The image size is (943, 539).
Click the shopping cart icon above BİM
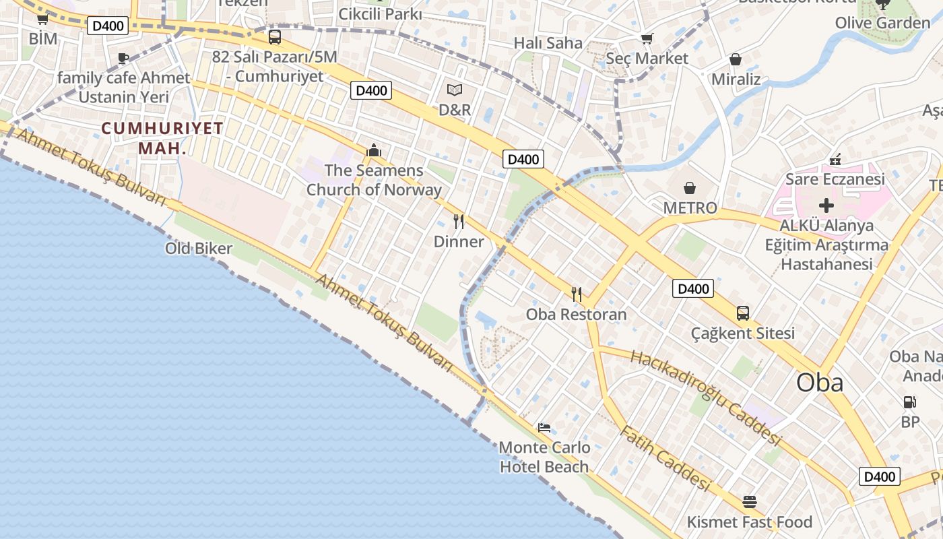click(42, 19)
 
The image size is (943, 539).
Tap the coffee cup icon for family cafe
click(123, 59)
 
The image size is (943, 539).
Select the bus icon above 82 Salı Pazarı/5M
click(274, 37)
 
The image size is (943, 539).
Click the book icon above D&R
click(455, 90)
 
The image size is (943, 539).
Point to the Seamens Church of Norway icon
click(374, 150)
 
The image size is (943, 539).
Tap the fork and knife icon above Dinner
click(459, 222)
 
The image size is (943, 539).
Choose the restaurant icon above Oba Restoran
click(576, 294)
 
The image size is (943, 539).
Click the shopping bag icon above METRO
click(690, 188)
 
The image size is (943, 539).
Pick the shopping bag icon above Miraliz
click(736, 60)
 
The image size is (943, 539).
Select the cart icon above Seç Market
click(647, 39)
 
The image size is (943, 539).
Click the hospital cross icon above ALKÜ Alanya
click(826, 205)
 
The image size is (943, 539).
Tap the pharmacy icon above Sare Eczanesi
click(835, 160)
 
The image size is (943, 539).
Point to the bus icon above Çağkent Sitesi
click(743, 313)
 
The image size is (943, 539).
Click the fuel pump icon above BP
click(909, 402)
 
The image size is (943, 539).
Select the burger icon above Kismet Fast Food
click(750, 502)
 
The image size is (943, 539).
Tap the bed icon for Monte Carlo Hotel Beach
click(544, 428)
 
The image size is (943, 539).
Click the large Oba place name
click(820, 383)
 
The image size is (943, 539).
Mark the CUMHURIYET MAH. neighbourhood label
click(162, 138)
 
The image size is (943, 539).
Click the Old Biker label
click(199, 249)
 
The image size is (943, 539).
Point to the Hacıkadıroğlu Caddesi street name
click(705, 398)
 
